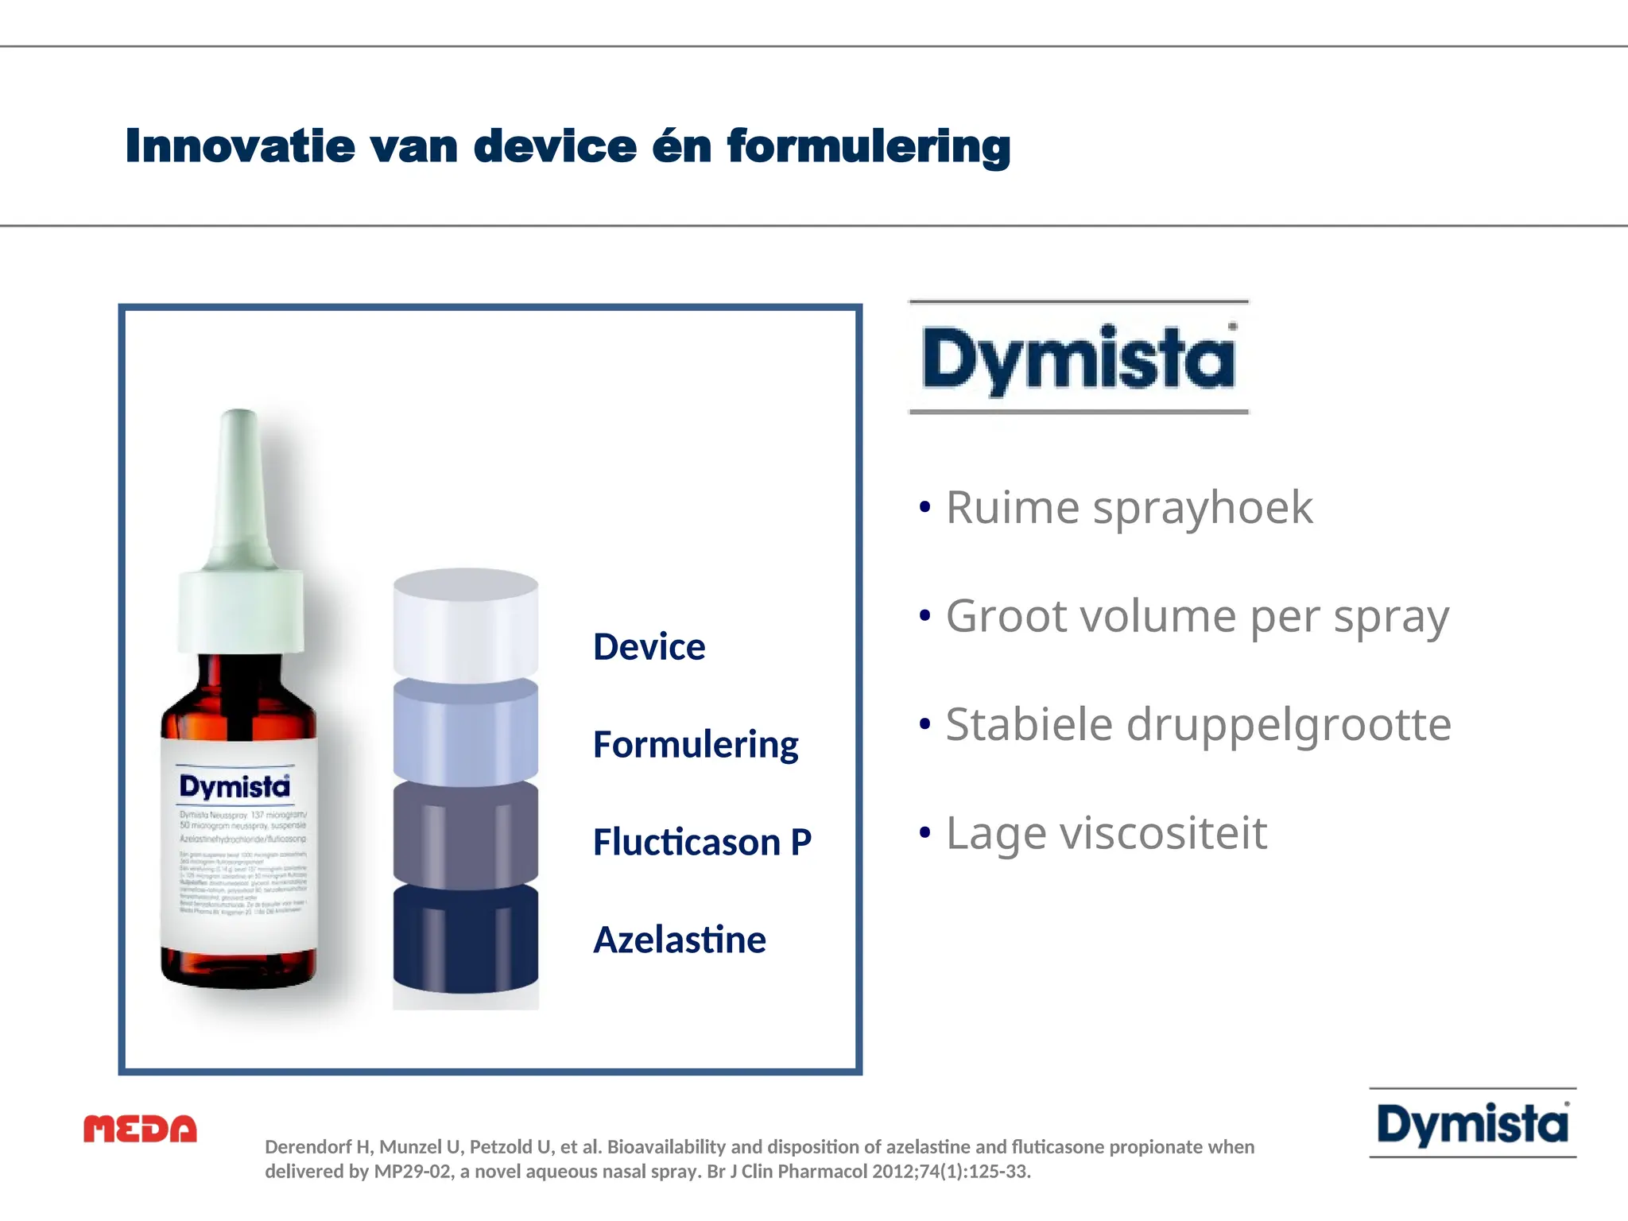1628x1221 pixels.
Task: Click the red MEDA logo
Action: pos(140,1129)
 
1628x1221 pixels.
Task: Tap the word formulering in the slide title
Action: pos(868,146)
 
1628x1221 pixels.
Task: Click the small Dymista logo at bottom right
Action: pos(1472,1124)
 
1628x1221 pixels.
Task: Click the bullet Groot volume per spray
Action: pos(1197,616)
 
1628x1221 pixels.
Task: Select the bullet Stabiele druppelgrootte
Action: pos(1198,724)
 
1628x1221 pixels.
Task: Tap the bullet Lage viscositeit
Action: pos(1106,833)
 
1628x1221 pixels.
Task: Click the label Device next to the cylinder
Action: pos(649,646)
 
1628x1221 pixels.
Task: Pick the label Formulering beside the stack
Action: pos(696,744)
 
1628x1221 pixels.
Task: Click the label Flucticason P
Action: pos(702,842)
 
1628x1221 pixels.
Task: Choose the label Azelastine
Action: pos(680,940)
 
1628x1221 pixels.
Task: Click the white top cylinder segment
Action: pos(466,628)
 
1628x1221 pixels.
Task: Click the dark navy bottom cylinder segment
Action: pos(466,942)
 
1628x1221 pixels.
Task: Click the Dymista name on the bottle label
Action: pos(235,786)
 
